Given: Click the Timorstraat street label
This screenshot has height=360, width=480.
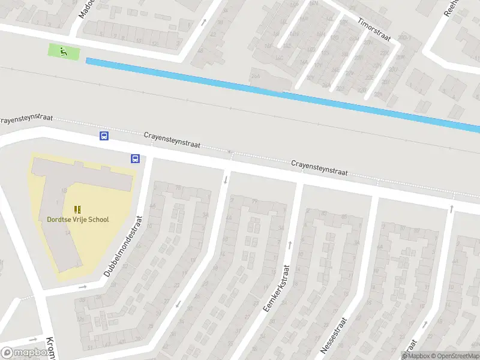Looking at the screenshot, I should [x=374, y=29].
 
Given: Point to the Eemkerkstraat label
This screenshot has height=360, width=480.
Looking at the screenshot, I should [x=275, y=289].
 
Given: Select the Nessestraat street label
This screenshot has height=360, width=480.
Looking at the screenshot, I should [x=334, y=335].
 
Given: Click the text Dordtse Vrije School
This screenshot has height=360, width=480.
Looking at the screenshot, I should [x=78, y=220].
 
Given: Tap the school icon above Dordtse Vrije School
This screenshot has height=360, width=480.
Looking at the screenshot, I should [x=77, y=209].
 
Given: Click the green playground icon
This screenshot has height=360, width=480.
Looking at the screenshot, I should [x=63, y=52].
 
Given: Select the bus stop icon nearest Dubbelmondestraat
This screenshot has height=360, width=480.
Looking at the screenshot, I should [x=135, y=159].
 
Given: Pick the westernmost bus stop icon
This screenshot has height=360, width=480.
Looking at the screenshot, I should [x=104, y=136].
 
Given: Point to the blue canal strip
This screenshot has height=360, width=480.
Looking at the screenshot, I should [x=282, y=93].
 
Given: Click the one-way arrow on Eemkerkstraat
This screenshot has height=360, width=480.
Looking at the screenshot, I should [x=290, y=244].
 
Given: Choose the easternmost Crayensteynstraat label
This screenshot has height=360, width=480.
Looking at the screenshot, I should [x=319, y=167].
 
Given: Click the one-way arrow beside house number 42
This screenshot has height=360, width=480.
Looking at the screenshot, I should [x=204, y=23].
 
